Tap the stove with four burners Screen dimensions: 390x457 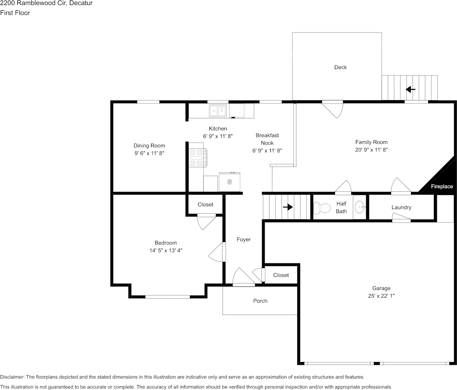pos(198,158)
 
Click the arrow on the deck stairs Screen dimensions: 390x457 pos(410,89)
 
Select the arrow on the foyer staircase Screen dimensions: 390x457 pos(288,207)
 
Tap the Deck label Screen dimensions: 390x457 pos(341,67)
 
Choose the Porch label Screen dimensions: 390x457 pos(260,301)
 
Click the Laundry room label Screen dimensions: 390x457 pos(401,207)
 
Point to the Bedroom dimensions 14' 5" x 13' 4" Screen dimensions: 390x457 pos(166,250)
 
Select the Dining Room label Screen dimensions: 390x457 pos(149,146)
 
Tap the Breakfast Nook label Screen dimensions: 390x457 pos(267,139)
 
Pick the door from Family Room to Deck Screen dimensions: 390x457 pos(333,109)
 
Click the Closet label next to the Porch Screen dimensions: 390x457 pos(281,275)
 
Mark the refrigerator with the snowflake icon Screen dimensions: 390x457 pos(230,182)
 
